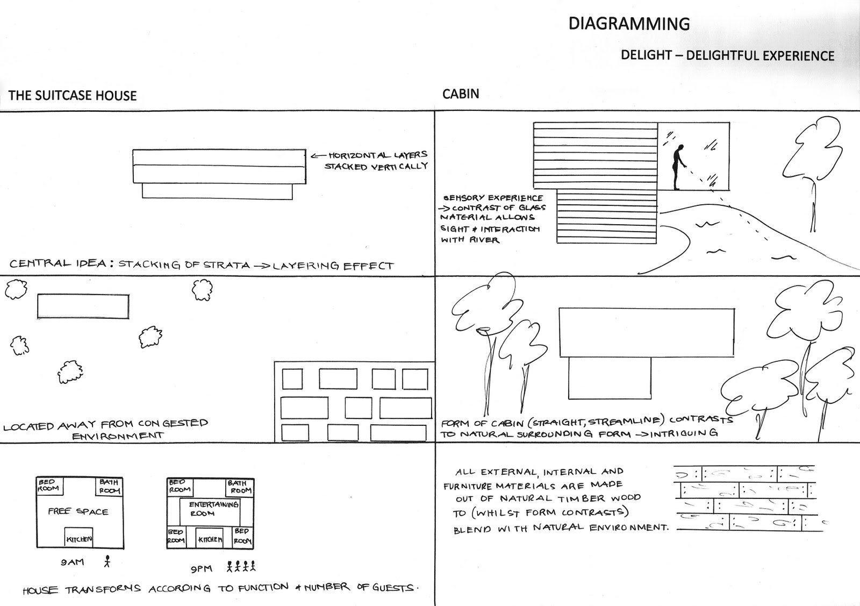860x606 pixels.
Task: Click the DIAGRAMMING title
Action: [x=629, y=24]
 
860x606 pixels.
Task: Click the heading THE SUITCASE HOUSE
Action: [x=73, y=96]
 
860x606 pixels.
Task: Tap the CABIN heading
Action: [x=461, y=94]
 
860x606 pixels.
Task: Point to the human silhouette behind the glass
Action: [x=678, y=167]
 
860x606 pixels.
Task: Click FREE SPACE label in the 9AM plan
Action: [x=78, y=511]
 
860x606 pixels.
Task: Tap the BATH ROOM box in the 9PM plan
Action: [x=240, y=487]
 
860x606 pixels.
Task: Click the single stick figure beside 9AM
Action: [x=107, y=561]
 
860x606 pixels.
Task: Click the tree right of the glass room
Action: [x=817, y=161]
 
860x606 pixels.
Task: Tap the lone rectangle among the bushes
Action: [x=83, y=306]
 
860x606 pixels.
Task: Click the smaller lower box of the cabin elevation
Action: [x=610, y=379]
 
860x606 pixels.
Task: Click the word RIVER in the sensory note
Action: [x=484, y=240]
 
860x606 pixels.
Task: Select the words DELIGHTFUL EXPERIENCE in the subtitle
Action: [x=761, y=55]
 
